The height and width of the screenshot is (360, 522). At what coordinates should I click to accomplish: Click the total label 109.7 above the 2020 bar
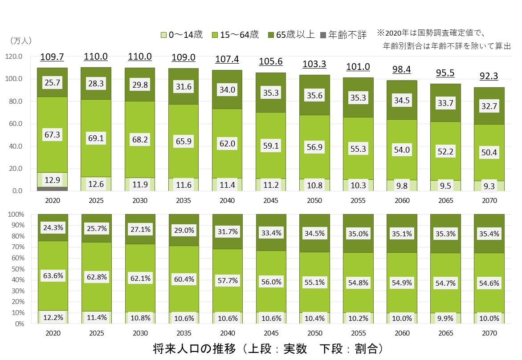click(52, 57)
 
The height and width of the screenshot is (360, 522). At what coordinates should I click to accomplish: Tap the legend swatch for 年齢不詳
click(323, 34)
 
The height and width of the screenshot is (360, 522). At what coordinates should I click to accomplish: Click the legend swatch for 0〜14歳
click(164, 34)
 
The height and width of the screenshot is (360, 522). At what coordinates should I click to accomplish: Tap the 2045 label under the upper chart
click(270, 201)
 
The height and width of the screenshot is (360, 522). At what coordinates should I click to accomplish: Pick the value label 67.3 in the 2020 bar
click(52, 135)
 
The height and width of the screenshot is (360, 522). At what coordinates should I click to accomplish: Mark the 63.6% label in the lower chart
click(52, 276)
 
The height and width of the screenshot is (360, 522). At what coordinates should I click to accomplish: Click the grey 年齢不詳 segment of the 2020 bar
click(52, 189)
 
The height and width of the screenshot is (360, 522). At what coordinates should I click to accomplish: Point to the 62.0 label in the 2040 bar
click(227, 143)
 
